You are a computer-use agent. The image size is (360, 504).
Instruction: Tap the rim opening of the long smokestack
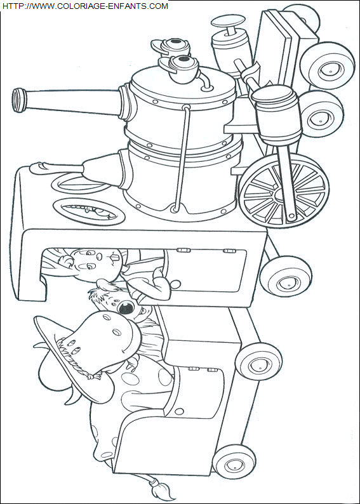(x=18, y=100)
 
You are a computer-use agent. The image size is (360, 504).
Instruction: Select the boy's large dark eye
(x=126, y=308)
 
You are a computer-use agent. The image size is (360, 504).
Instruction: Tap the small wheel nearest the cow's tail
(x=234, y=462)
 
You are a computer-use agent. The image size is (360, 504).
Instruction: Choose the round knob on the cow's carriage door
(x=179, y=411)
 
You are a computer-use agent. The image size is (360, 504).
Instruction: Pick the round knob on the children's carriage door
(x=175, y=284)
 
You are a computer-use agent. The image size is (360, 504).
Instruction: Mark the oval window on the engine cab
(x=89, y=211)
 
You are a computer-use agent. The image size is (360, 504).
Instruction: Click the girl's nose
(x=112, y=258)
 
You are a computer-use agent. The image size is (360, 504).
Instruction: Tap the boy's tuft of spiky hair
(x=97, y=293)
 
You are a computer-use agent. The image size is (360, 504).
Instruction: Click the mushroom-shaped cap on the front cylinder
(x=227, y=22)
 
